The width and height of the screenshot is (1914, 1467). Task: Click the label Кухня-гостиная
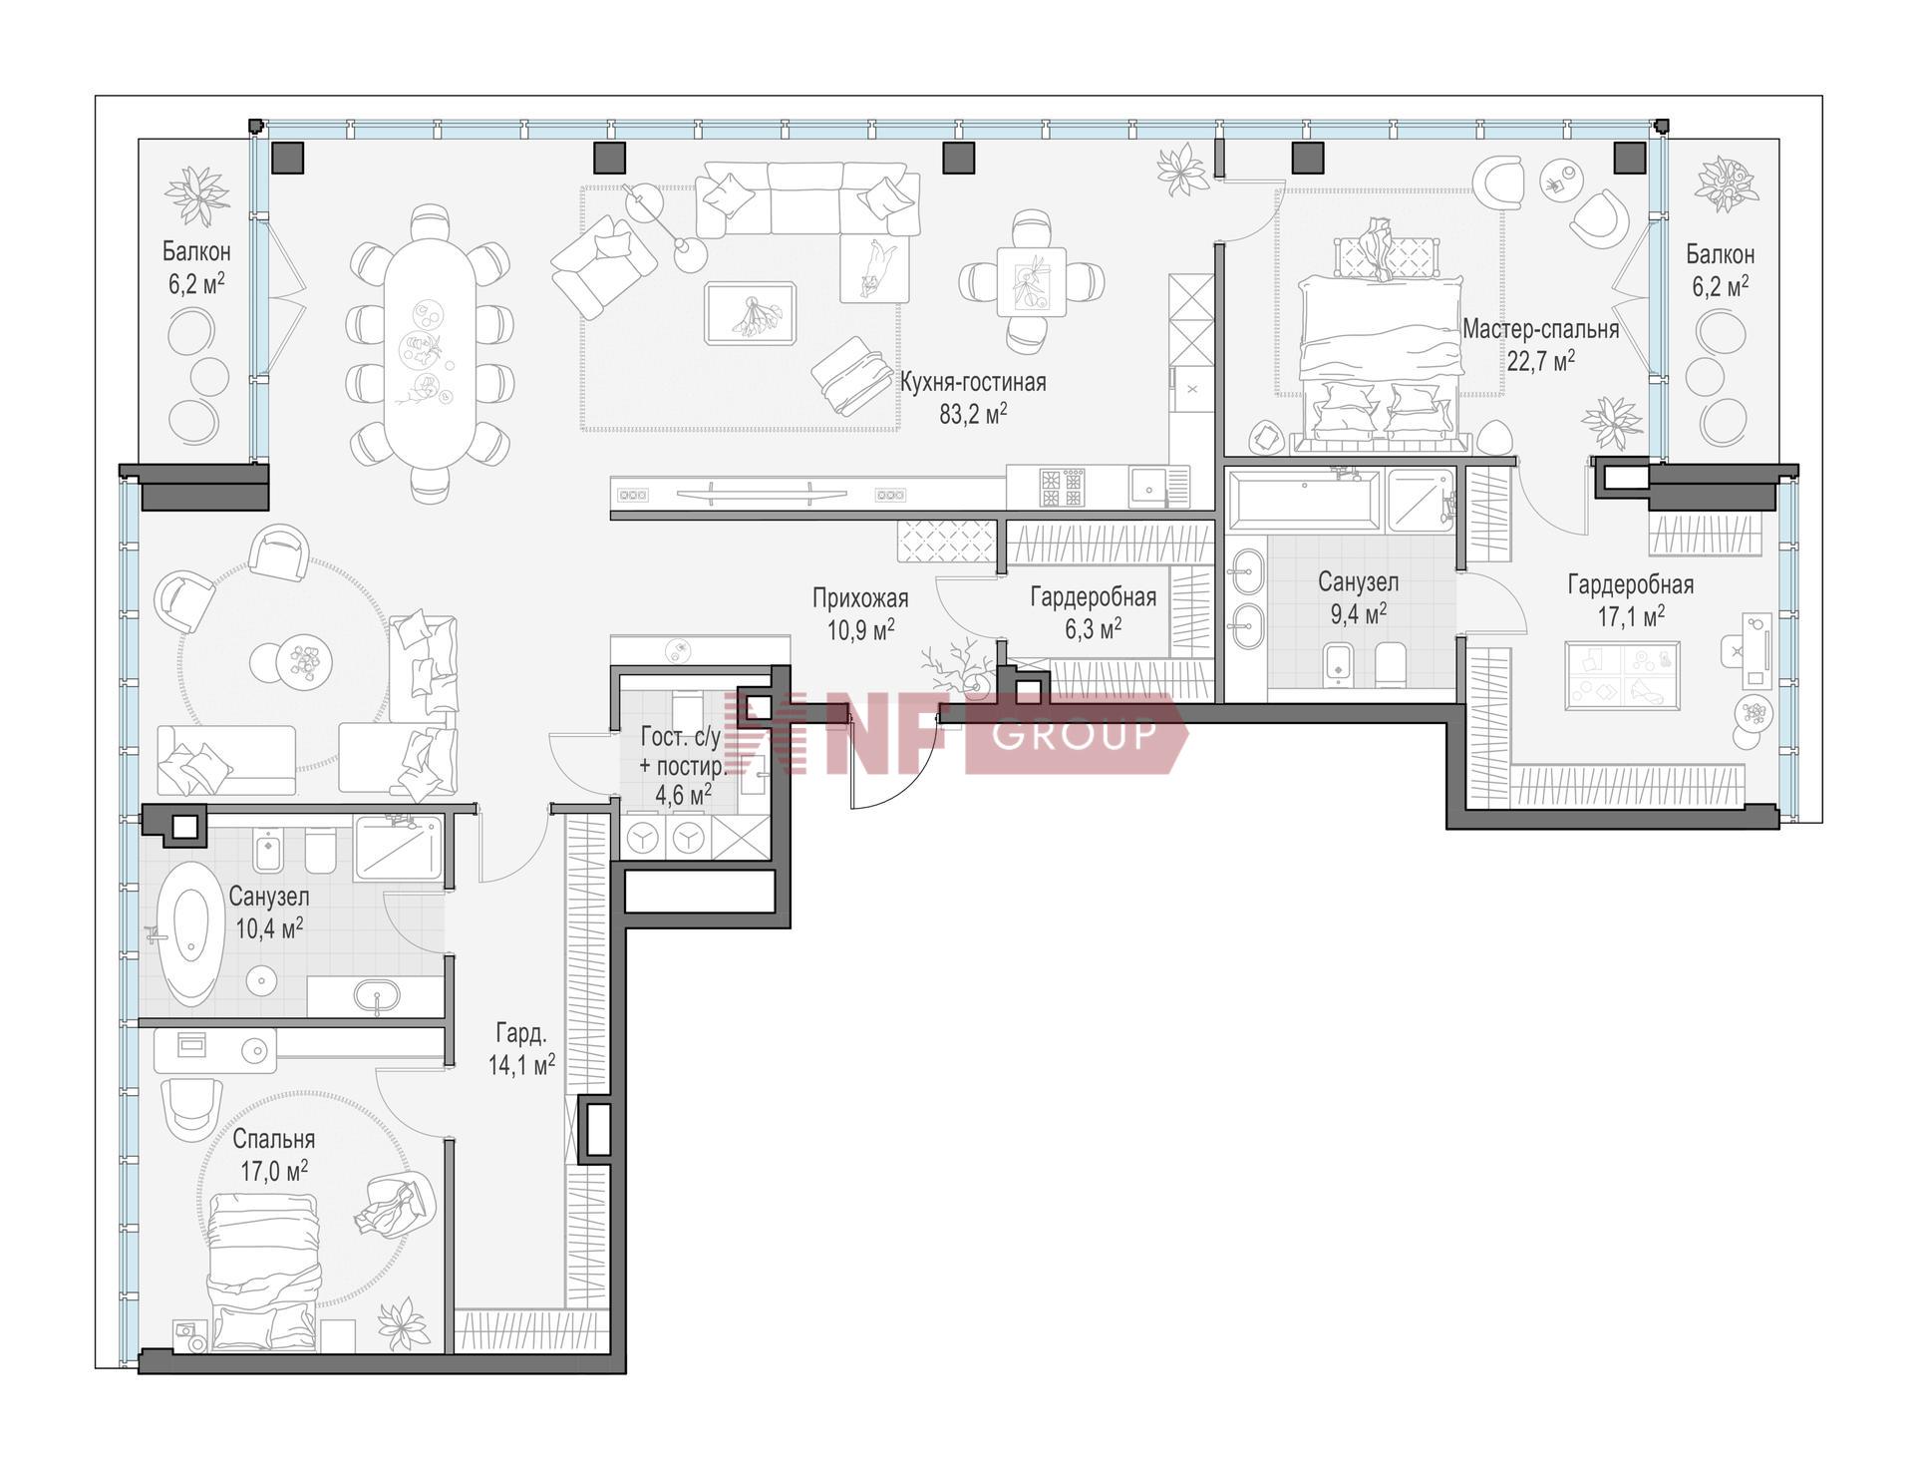pos(973,382)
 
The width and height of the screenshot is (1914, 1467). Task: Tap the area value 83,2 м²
pos(973,414)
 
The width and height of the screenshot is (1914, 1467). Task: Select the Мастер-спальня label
pos(1540,328)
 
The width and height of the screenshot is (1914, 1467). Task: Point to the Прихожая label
pos(860,597)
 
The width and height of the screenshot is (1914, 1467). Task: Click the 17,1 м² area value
pos(1631,616)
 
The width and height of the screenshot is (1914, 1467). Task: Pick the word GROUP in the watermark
pos(1075,733)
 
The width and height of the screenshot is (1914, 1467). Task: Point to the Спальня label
pos(274,1139)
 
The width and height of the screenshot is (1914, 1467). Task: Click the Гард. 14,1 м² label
pos(521,1049)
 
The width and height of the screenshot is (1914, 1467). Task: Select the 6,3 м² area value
pos(1093,627)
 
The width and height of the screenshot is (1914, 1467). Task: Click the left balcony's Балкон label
pos(197,251)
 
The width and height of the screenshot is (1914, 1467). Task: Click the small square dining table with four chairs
pos(1032,281)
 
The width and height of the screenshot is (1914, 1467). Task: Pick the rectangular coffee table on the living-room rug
pos(751,314)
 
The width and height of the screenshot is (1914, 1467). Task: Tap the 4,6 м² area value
pos(683,795)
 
